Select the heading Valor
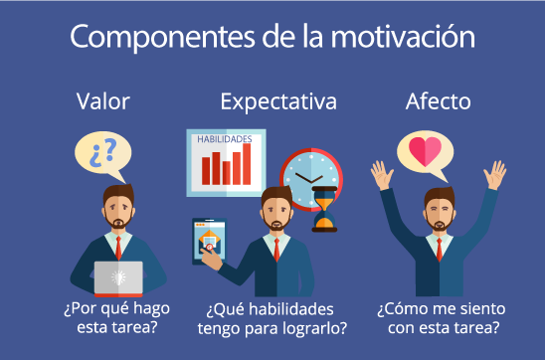pyautogui.click(x=104, y=101)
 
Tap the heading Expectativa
pyautogui.click(x=278, y=101)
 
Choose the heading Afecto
pyautogui.click(x=439, y=101)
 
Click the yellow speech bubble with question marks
pyautogui.click(x=102, y=156)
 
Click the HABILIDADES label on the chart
pyautogui.click(x=224, y=139)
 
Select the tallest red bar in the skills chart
pyautogui.click(x=250, y=165)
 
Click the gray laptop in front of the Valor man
pyautogui.click(x=118, y=277)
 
